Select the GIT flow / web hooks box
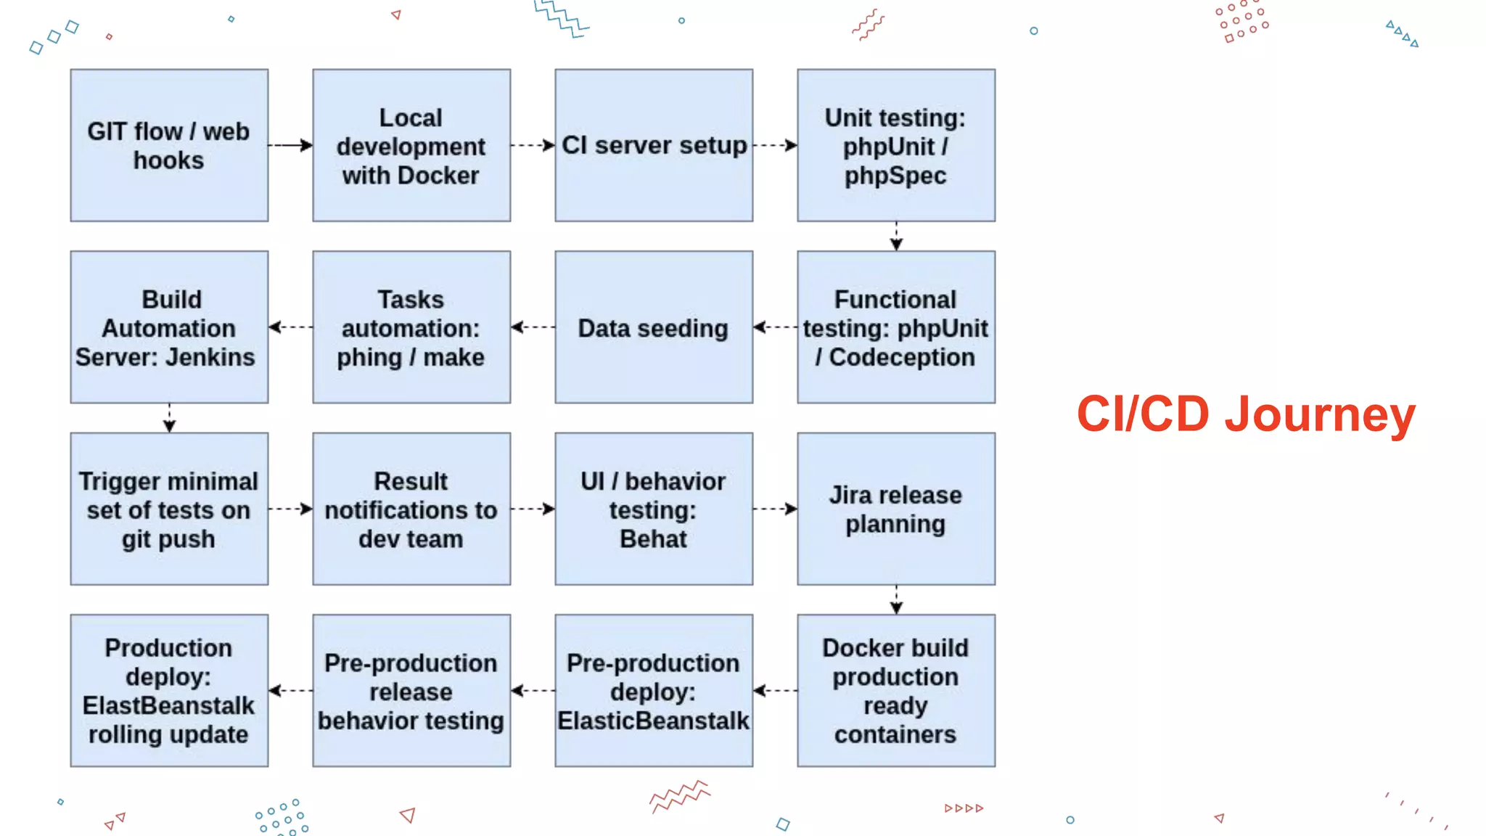pyautogui.click(x=169, y=145)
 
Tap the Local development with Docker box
pyautogui.click(x=411, y=145)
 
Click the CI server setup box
pyautogui.click(x=654, y=145)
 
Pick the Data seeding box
pyautogui.click(x=654, y=327)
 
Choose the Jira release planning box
pyautogui.click(x=896, y=509)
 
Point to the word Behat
pyautogui.click(x=653, y=539)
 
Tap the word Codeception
pyautogui.click(x=902, y=357)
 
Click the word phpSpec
pyautogui.click(x=895, y=176)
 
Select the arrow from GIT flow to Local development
pyautogui.click(x=290, y=145)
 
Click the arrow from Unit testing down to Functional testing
pyautogui.click(x=896, y=237)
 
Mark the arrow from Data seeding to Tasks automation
pyautogui.click(x=533, y=327)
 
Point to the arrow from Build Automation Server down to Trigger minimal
pyautogui.click(x=169, y=418)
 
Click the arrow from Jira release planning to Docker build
pyautogui.click(x=896, y=600)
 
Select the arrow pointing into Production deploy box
pyautogui.click(x=290, y=690)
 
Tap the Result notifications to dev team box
pyautogui.click(x=411, y=509)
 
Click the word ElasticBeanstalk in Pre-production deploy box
pyautogui.click(x=653, y=721)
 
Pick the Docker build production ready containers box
pyautogui.click(x=896, y=690)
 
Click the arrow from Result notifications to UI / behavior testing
pyautogui.click(x=533, y=509)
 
